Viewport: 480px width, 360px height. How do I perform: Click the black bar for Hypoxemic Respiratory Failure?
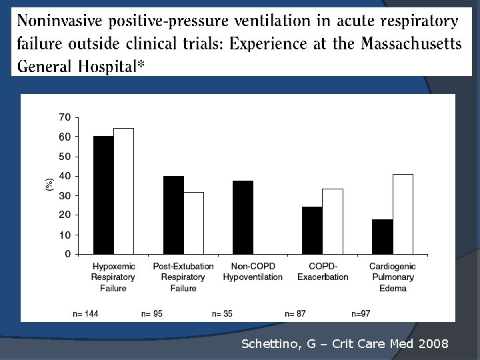(x=103, y=195)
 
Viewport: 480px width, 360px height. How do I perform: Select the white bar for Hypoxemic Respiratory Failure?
(x=123, y=191)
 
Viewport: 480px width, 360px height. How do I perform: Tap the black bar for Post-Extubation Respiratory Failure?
(x=173, y=215)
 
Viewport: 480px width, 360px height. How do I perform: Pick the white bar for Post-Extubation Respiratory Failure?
(x=193, y=223)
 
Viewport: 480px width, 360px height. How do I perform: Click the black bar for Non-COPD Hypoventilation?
(x=243, y=217)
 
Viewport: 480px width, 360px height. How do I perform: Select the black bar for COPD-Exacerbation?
(x=312, y=230)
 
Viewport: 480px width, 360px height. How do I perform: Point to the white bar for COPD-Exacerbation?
(x=332, y=221)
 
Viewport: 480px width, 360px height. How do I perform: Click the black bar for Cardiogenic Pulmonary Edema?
(x=382, y=237)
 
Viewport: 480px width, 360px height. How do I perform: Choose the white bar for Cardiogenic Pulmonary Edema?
(x=403, y=214)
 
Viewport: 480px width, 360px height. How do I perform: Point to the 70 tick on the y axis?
(x=65, y=117)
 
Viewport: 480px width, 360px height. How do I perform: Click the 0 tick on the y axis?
(x=67, y=254)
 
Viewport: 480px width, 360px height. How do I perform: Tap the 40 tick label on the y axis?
(x=65, y=176)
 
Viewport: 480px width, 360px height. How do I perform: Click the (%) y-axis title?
(x=49, y=185)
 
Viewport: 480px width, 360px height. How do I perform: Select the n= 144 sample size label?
(x=85, y=313)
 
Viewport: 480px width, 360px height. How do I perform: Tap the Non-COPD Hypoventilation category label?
(x=253, y=271)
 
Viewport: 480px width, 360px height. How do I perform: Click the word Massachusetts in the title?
(x=411, y=43)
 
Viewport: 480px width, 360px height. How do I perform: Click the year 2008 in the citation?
(x=434, y=344)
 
